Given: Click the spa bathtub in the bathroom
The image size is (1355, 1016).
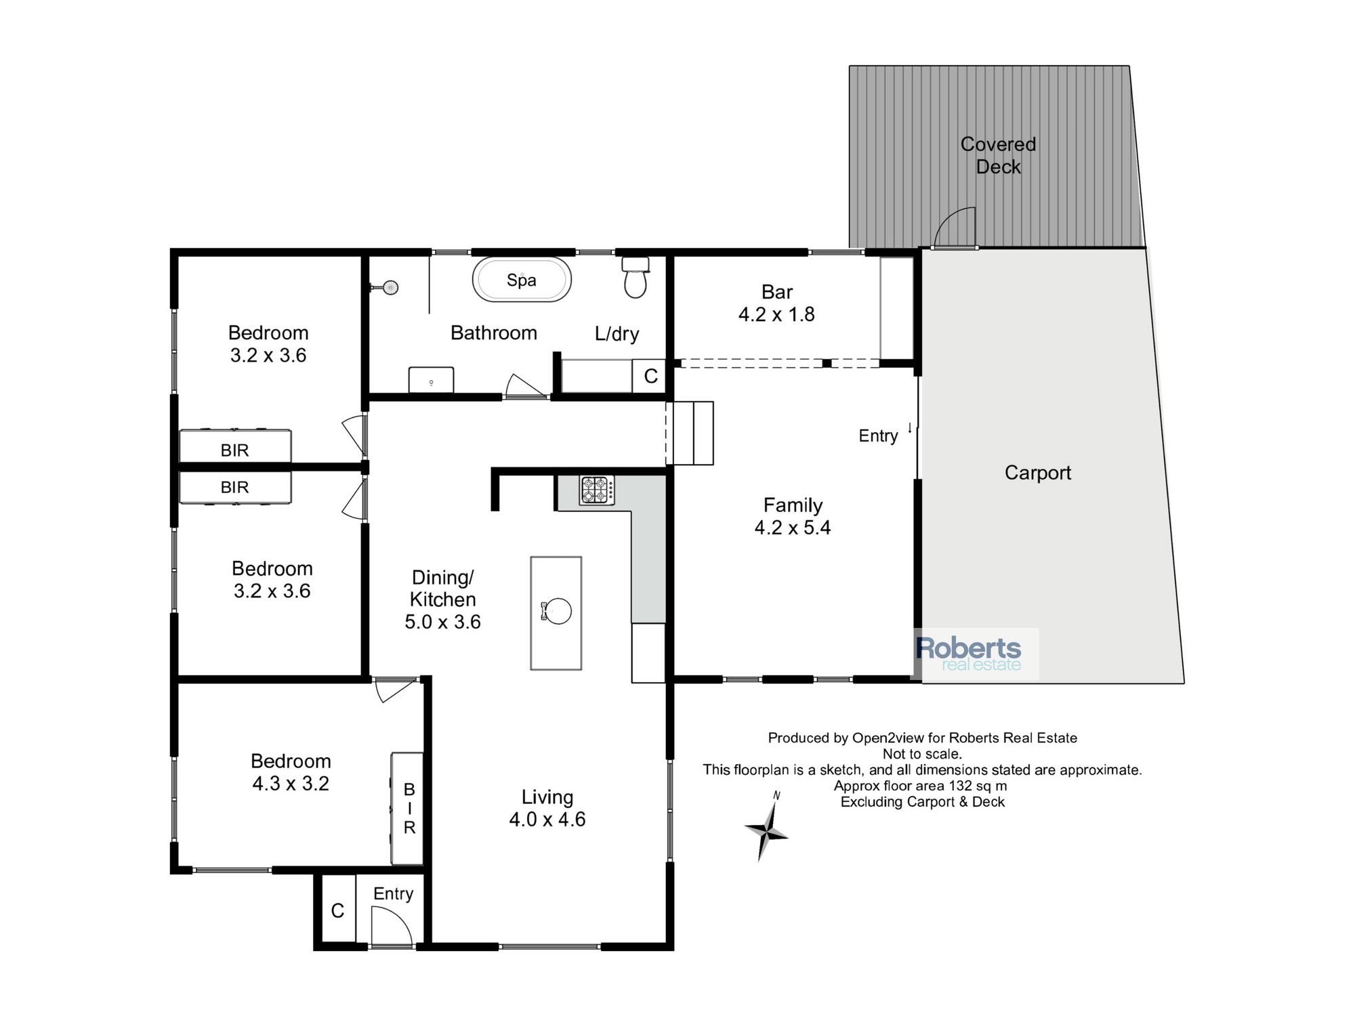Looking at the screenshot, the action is click(x=522, y=279).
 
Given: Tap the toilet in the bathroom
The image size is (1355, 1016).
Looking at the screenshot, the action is click(x=635, y=278).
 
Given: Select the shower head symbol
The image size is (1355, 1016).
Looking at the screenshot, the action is click(x=387, y=288).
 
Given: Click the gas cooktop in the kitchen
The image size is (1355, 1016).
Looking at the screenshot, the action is click(x=597, y=490).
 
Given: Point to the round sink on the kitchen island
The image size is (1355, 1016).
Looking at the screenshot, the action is click(x=557, y=611).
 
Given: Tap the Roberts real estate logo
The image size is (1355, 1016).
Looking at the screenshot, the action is click(x=976, y=654).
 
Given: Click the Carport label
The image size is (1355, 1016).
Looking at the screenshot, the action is click(x=1037, y=473).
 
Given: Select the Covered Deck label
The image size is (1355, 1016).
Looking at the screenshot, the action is click(x=998, y=155).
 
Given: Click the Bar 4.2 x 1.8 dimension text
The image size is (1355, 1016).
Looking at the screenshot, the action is click(x=776, y=314).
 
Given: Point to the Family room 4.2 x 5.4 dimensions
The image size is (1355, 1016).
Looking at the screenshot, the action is click(x=793, y=528).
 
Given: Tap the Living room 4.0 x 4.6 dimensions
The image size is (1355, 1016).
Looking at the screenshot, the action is click(x=547, y=820).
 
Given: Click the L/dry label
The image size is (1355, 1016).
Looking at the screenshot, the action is click(x=617, y=334).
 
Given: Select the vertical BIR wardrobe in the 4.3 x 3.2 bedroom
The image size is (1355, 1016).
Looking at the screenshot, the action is click(x=407, y=808).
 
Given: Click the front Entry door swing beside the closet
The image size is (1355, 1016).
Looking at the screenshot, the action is click(x=392, y=926).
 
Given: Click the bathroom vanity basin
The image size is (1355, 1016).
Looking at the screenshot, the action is click(x=431, y=380).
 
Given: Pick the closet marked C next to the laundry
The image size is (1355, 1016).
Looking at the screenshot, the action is click(x=650, y=376).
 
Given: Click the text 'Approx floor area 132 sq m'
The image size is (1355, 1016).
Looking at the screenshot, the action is click(x=920, y=786).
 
